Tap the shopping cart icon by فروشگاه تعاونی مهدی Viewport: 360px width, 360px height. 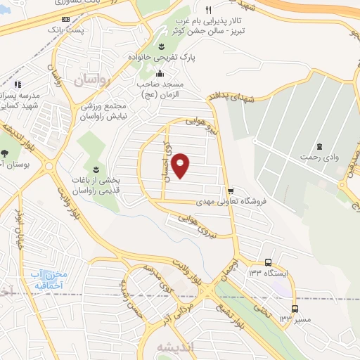pos(231,191)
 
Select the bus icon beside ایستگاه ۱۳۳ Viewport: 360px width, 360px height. pos(268,262)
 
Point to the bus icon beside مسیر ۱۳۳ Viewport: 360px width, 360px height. pos(295,308)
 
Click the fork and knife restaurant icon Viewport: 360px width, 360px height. pos(209,11)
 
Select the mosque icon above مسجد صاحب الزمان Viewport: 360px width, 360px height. pos(160,73)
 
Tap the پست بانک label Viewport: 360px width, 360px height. pos(65,31)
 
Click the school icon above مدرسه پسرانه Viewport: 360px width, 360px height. pos(18,84)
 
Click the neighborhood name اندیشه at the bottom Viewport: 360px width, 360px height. pos(163,346)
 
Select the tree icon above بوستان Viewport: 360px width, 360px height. pos(5,153)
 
